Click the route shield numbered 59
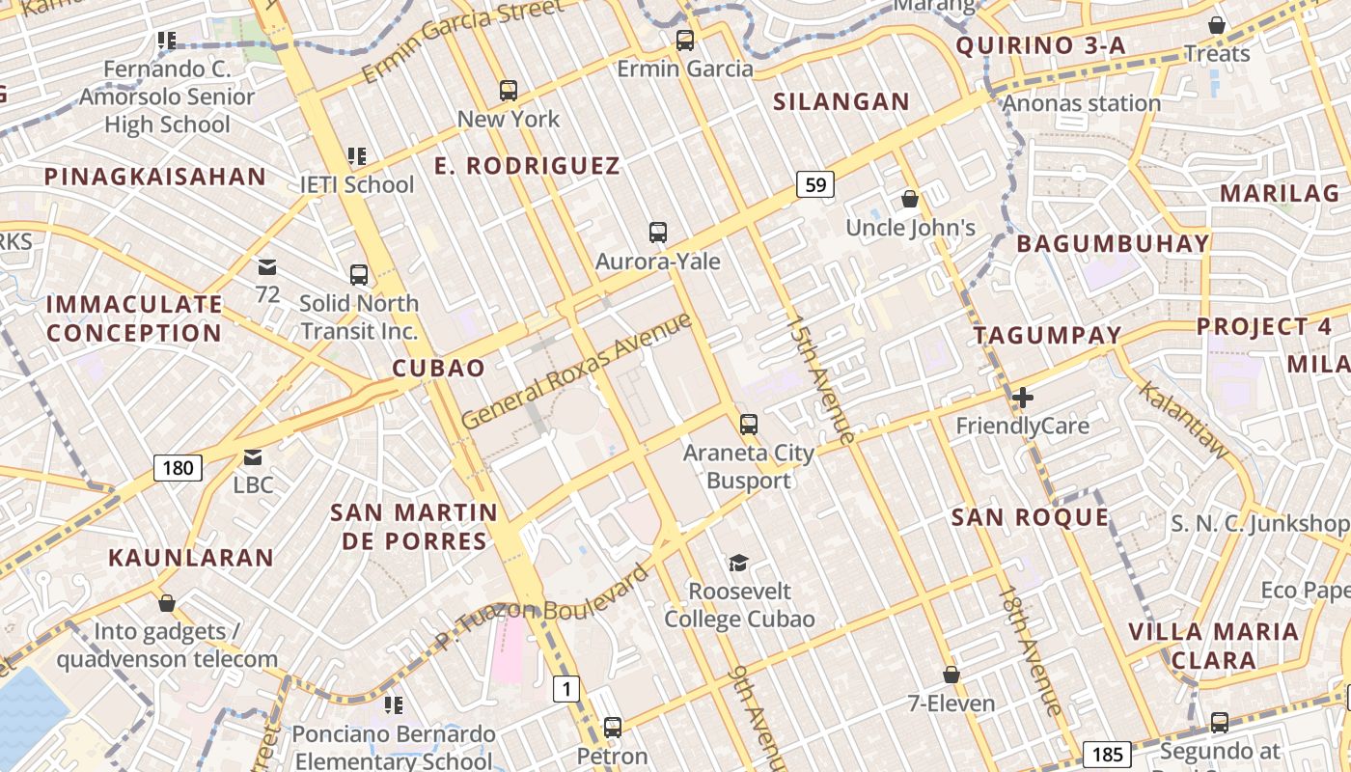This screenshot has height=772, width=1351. [x=815, y=183]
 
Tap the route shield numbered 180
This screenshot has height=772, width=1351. [x=178, y=469]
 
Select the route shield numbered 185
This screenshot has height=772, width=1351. [x=1106, y=754]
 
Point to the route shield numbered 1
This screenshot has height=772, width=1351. [x=566, y=689]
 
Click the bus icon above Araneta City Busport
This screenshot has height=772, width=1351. [x=748, y=424]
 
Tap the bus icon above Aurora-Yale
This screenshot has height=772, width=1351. [x=658, y=232]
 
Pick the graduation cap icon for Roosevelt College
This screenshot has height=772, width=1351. [x=739, y=563]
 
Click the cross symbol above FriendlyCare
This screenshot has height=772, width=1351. [x=1022, y=397]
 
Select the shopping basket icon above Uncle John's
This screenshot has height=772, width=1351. [x=910, y=199]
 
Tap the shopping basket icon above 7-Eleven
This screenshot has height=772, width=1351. [x=951, y=675]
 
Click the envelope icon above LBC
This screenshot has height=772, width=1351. [x=253, y=455]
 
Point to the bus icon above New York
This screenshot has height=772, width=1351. [x=509, y=91]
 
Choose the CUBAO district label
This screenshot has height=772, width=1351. [x=438, y=369]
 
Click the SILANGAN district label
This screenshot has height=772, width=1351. [x=841, y=101]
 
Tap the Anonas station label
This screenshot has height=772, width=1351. [x=1082, y=103]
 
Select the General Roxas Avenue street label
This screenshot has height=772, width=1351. [x=577, y=371]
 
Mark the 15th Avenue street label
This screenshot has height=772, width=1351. [x=820, y=378]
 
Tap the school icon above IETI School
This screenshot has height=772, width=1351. [x=357, y=155]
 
